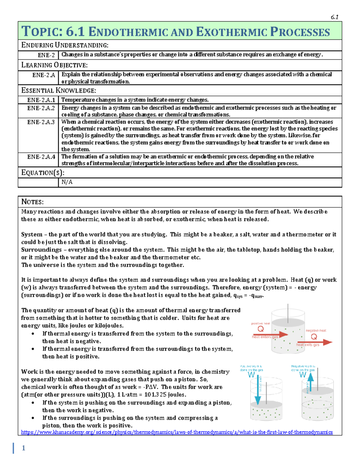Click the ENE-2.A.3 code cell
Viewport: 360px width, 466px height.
[x=41, y=122]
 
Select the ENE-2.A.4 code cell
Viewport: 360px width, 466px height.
[x=41, y=157]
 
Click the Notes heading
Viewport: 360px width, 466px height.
[x=32, y=202]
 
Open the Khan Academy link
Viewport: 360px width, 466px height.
[x=177, y=432]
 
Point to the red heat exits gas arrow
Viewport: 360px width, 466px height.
[x=315, y=342]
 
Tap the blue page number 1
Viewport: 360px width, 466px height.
[x=23, y=448]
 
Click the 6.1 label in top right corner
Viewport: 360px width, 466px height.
[x=334, y=17]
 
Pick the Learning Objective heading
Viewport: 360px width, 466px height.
[x=54, y=65]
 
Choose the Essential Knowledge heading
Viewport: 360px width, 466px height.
[x=58, y=90]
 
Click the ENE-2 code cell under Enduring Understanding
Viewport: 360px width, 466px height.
[x=46, y=55]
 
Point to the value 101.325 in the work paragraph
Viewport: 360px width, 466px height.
[x=155, y=395]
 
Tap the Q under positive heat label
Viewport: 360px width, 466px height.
[x=260, y=329]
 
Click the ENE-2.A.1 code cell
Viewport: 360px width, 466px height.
[x=41, y=100]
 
